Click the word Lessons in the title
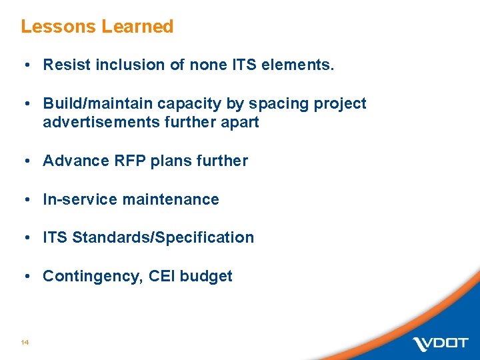click(x=59, y=27)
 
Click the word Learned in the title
click(x=137, y=27)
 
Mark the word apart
click(x=241, y=123)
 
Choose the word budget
click(x=207, y=277)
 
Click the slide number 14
click(x=25, y=342)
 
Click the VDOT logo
click(x=440, y=343)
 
